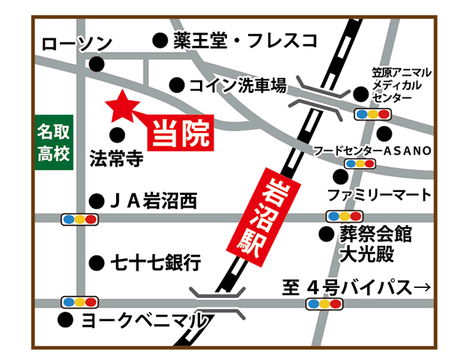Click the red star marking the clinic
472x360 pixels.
pos(120,108)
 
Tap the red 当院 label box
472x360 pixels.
pos(181,133)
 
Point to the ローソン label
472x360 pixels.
pos(76,44)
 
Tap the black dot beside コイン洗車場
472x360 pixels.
pos(176,85)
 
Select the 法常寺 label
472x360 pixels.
pos(116,159)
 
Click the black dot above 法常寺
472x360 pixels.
pos(116,135)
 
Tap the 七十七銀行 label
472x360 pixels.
pos(156,262)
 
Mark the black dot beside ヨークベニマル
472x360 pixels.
pos(65,320)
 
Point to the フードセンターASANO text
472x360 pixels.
pos(372,151)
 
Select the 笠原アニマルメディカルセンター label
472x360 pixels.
pos(402,85)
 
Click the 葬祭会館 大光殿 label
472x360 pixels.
pos(375,244)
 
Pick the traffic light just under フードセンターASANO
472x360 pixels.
pos(358,163)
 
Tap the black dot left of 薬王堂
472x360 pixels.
pos(159,39)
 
